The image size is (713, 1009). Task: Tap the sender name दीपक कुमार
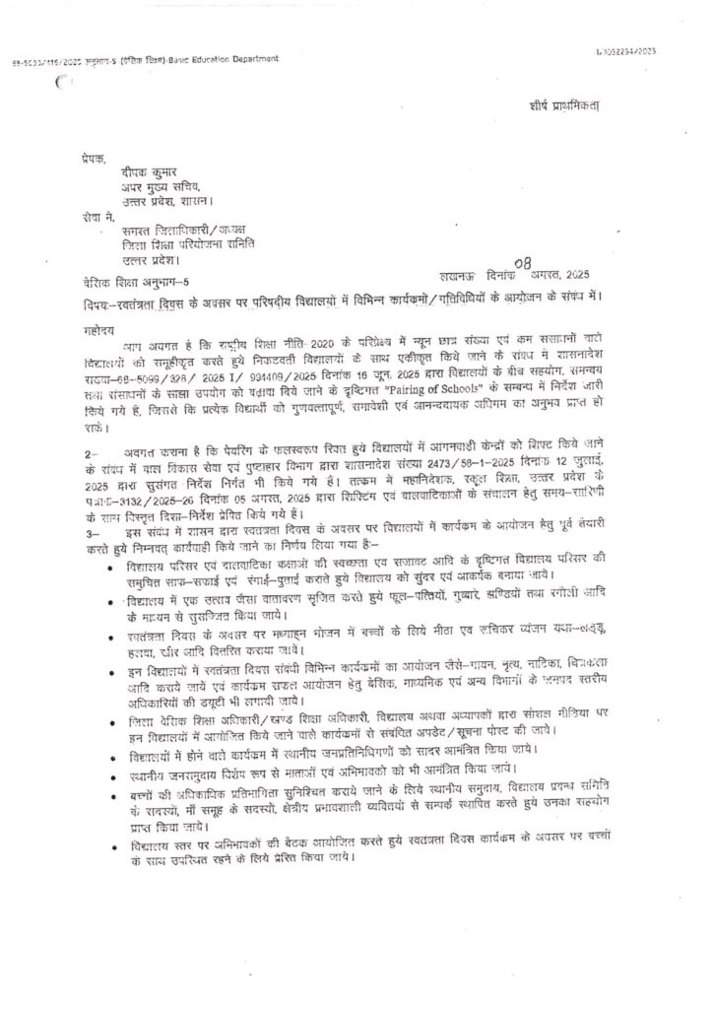tap(138, 170)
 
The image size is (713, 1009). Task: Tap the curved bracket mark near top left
tap(66, 87)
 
